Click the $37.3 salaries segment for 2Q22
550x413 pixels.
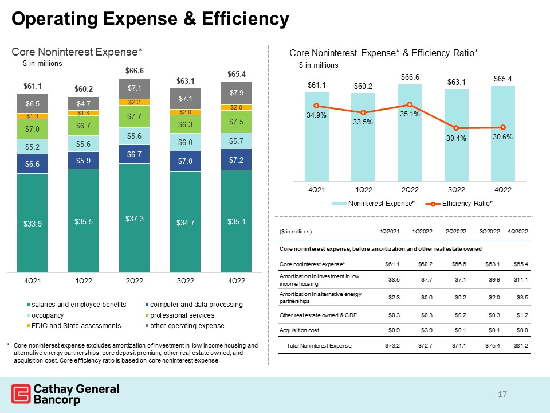(134, 218)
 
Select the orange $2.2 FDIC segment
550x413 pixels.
(134, 102)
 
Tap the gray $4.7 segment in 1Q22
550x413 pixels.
(84, 104)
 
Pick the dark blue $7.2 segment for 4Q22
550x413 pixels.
(236, 160)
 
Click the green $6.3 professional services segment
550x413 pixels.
(185, 124)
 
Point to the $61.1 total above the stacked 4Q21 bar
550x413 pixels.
(32, 87)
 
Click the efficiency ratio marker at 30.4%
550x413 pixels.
(456, 128)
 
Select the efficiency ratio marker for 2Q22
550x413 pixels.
(410, 104)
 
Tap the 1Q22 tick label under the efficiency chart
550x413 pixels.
(364, 190)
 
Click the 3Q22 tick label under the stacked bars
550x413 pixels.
(185, 281)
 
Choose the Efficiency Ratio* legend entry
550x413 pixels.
(459, 204)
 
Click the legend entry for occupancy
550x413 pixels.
(45, 315)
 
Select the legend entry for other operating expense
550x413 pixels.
(185, 326)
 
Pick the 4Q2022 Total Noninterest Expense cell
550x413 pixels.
(521, 345)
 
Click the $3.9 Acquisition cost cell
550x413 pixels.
(426, 330)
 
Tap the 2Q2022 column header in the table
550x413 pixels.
(455, 231)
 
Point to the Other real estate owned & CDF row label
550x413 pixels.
(318, 315)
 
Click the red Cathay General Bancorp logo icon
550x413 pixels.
(21, 393)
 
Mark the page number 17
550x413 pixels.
(502, 394)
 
